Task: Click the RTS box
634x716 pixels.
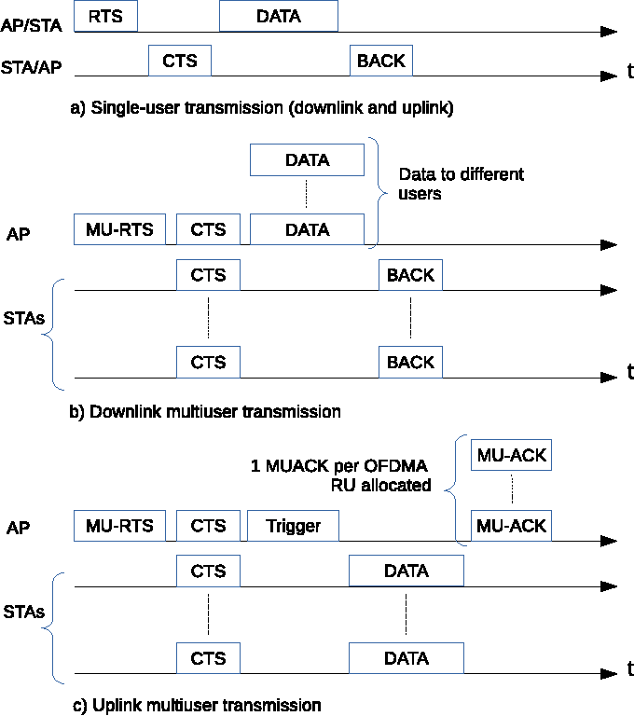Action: [104, 16]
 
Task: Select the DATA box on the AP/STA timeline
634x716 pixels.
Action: [279, 16]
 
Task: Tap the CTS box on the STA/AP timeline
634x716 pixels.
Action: [180, 61]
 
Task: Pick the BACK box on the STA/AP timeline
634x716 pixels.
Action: [381, 61]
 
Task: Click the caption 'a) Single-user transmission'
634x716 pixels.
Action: [262, 108]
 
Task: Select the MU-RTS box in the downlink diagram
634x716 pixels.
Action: [119, 229]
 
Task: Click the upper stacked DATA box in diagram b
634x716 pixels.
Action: [307, 160]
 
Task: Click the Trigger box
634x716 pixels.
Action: [293, 526]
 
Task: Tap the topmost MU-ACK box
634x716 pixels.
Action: [511, 456]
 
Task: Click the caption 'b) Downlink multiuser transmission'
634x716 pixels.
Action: [205, 411]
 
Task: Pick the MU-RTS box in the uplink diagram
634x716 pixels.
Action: [119, 526]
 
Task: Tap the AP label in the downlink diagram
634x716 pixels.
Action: [20, 235]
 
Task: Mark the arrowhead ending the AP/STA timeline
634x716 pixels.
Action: [609, 32]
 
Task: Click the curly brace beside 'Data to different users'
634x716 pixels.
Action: [377, 193]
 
